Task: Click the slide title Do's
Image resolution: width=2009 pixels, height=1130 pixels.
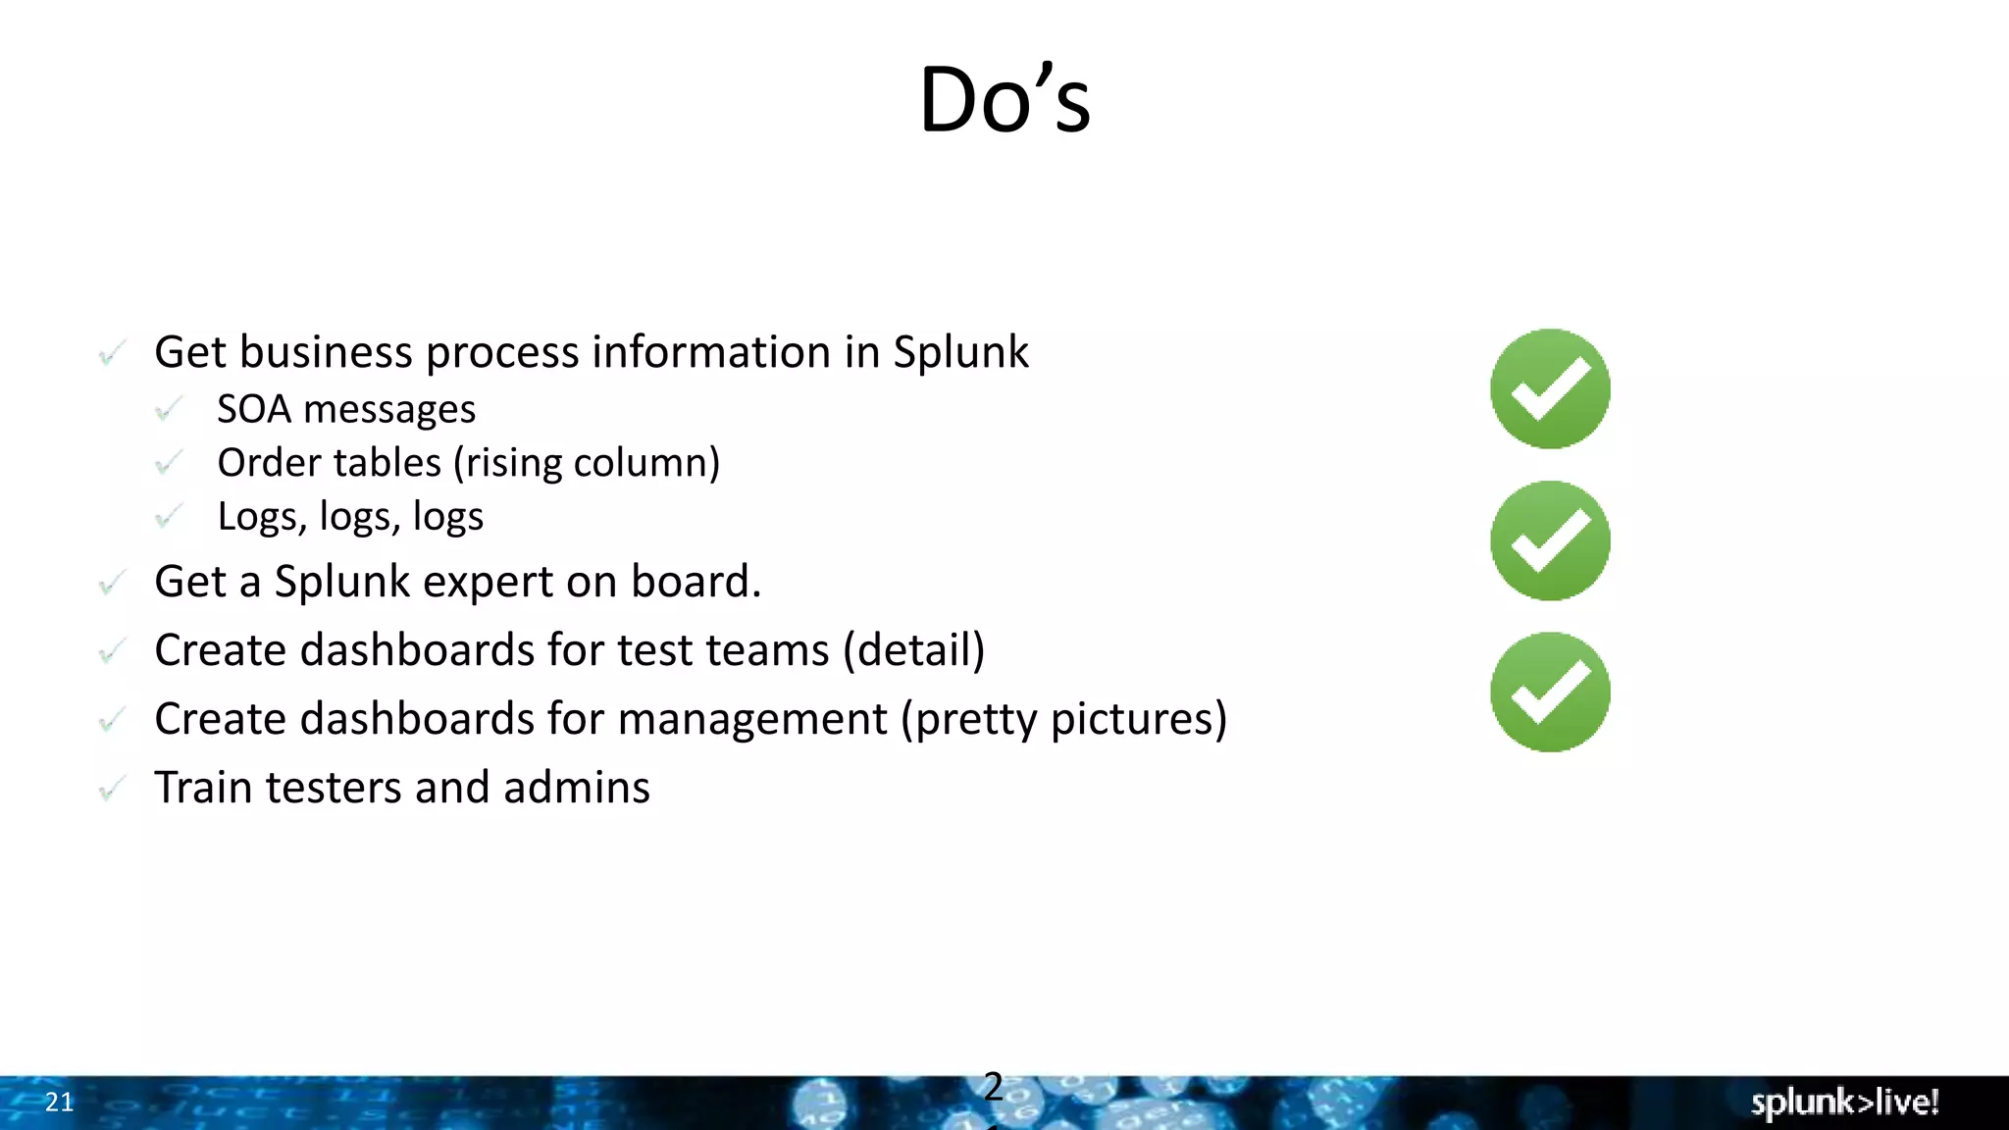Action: click(x=1004, y=100)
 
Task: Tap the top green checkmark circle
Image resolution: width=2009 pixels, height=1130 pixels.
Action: click(x=1550, y=388)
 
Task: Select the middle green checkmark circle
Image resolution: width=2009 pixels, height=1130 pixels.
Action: click(x=1550, y=540)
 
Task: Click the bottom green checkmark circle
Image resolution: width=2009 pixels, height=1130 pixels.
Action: click(x=1550, y=693)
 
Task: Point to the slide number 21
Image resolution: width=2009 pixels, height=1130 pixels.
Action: click(x=60, y=1103)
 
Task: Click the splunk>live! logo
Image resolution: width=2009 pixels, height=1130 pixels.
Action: click(x=1844, y=1103)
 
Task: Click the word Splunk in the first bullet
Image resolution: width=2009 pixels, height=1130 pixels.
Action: click(x=960, y=353)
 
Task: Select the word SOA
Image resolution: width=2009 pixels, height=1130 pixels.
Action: click(x=254, y=410)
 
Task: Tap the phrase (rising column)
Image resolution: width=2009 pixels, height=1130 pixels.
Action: click(x=587, y=463)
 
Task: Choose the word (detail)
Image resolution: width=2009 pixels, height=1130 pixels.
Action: click(x=914, y=650)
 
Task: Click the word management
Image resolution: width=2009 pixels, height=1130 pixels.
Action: click(x=752, y=719)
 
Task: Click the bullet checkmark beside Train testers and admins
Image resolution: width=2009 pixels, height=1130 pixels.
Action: click(x=112, y=789)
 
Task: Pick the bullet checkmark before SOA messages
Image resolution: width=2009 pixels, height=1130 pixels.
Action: click(x=169, y=409)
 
